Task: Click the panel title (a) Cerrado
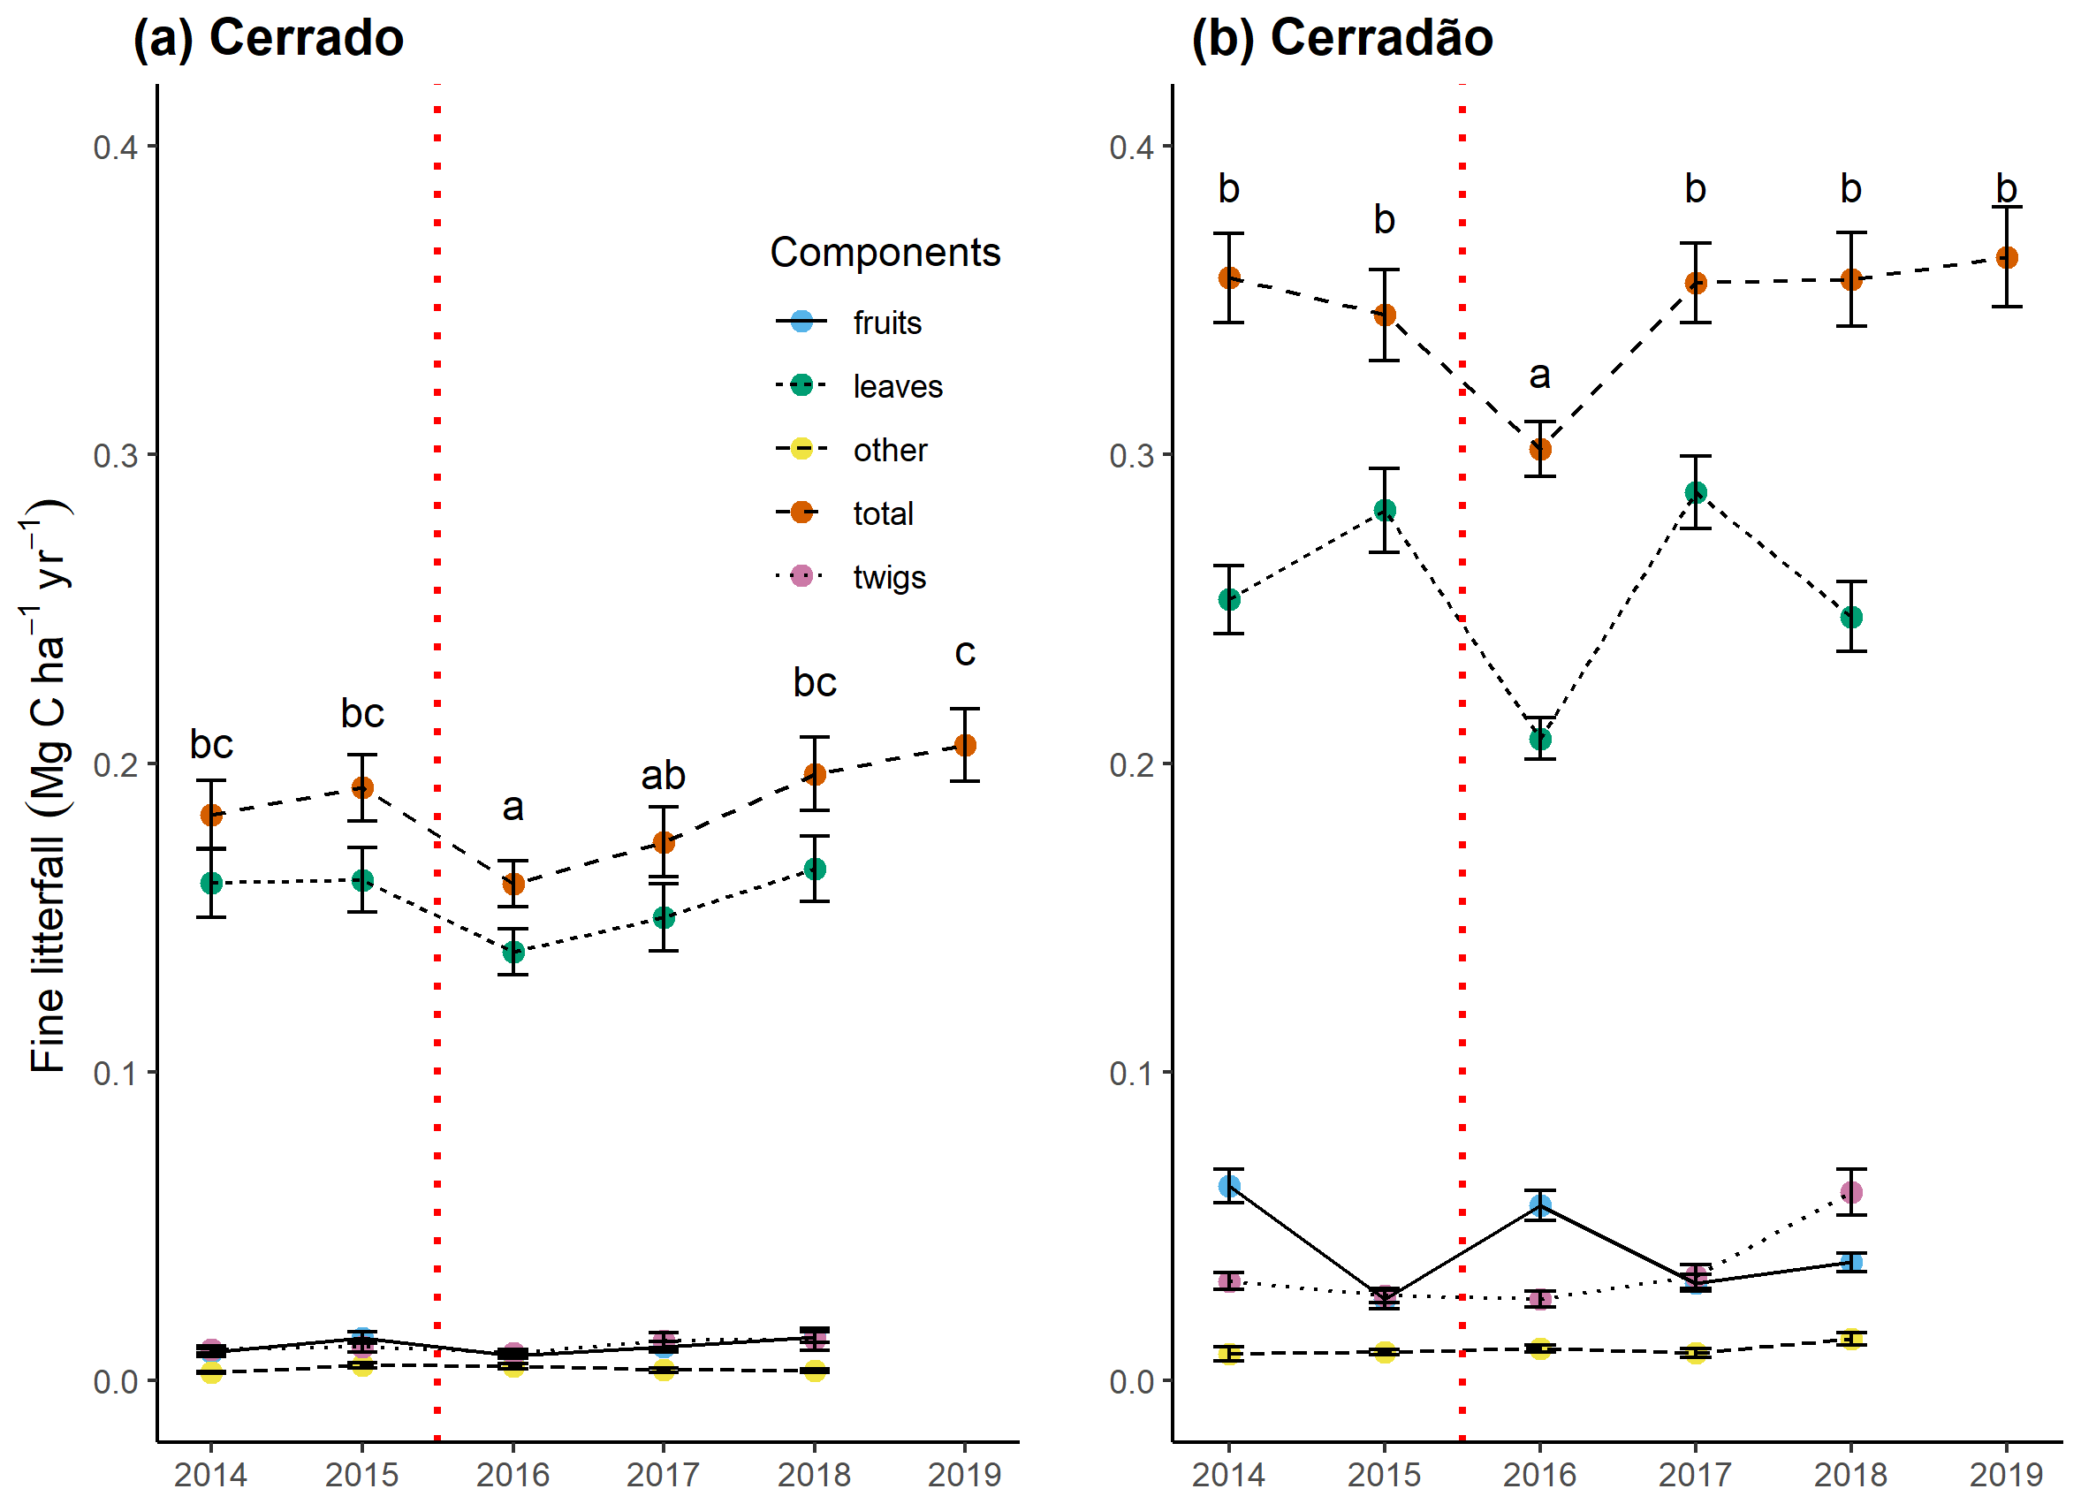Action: [x=268, y=39]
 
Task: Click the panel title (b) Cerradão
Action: [x=1341, y=39]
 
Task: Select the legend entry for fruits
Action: [x=886, y=323]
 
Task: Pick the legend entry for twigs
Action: [x=888, y=577]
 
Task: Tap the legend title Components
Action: [x=885, y=253]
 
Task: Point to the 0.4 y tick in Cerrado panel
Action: [x=115, y=147]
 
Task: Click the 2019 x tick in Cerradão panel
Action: [x=2006, y=1475]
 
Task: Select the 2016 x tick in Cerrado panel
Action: [x=513, y=1475]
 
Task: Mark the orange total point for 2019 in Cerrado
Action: [x=964, y=745]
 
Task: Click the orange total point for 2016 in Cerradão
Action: [x=1540, y=450]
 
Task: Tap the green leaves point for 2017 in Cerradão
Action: [x=1696, y=493]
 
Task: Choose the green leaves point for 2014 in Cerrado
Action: [x=211, y=883]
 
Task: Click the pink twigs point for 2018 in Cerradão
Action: [x=1851, y=1193]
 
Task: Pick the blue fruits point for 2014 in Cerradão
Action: [x=1229, y=1186]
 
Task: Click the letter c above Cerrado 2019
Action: [x=964, y=653]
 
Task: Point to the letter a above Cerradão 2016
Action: [x=1539, y=375]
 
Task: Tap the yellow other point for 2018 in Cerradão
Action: [x=1851, y=1340]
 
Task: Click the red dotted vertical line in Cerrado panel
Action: [x=437, y=642]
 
